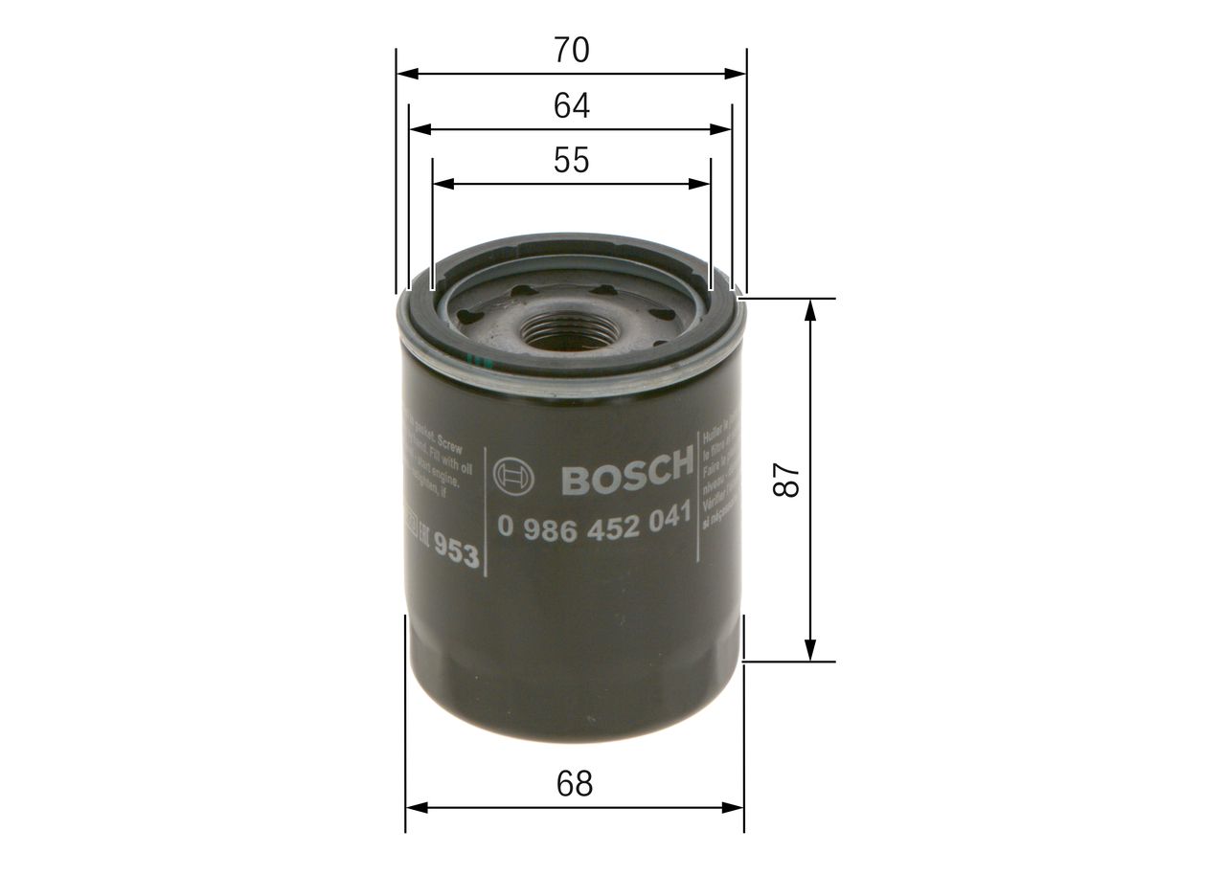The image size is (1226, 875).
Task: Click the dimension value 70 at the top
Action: [x=571, y=51]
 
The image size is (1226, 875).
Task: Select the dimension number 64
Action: [x=571, y=106]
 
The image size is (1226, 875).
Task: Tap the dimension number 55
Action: [x=571, y=161]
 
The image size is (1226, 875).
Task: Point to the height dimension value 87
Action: [x=786, y=480]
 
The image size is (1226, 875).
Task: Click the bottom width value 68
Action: [x=575, y=784]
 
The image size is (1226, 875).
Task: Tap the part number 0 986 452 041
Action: [x=594, y=525]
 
